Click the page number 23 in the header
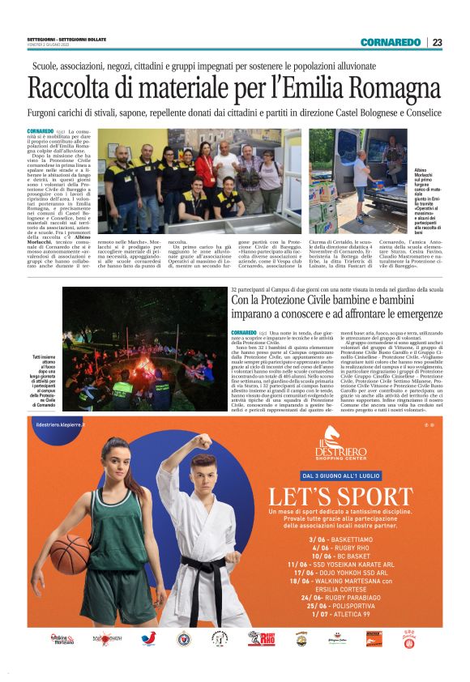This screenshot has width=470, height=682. pyautogui.click(x=437, y=42)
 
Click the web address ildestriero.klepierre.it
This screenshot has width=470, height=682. pyautogui.click(x=62, y=423)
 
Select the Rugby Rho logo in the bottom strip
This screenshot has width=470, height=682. pyautogui.click(x=262, y=640)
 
